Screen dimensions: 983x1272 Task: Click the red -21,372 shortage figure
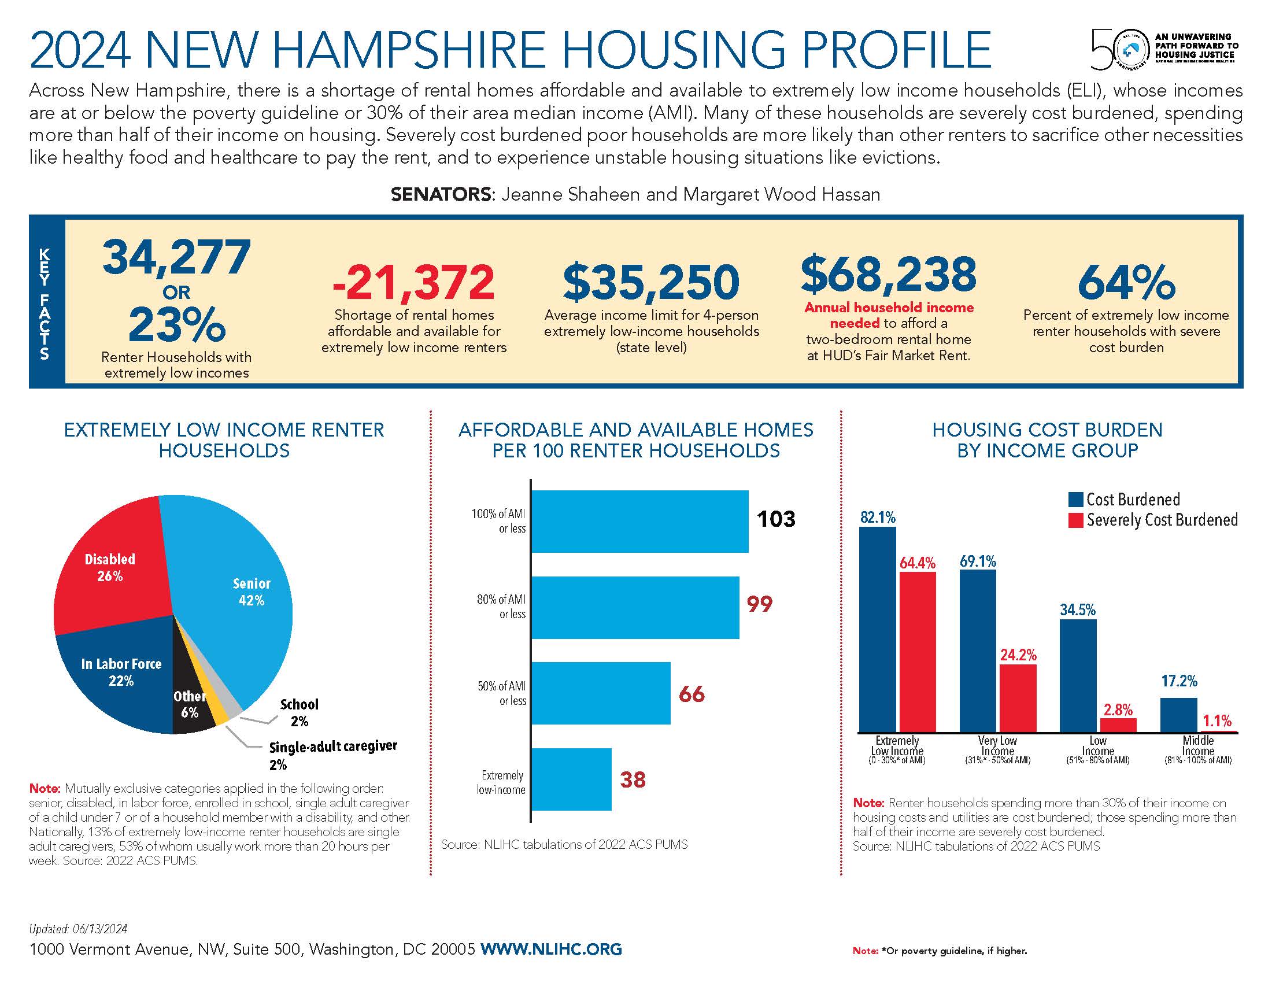pos(413,282)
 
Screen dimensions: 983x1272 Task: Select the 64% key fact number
pos(1126,282)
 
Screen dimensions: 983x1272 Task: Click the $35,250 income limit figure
pos(651,282)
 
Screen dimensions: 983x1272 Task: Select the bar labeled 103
pos(639,521)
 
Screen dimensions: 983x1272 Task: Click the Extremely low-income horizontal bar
pos(571,779)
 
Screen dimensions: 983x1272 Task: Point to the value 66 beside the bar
pos(692,694)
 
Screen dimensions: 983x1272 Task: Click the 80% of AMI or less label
pos(501,606)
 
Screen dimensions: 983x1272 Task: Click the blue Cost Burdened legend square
pos(1075,500)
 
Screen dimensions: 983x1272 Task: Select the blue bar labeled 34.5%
pos(1078,675)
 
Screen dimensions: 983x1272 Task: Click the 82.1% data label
pos(878,517)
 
